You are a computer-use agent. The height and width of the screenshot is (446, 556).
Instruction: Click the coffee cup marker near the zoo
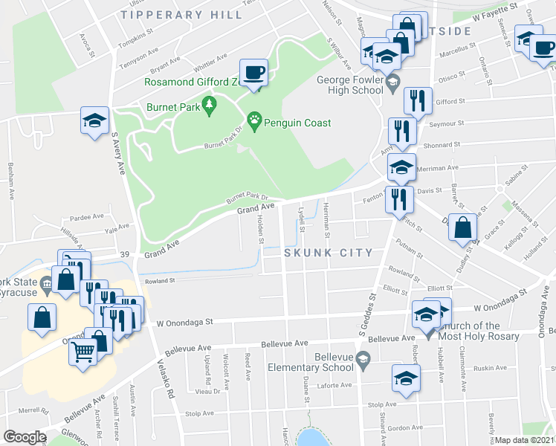(255, 72)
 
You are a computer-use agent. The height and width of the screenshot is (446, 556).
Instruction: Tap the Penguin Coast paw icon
(255, 123)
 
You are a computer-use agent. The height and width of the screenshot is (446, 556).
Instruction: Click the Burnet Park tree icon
(210, 106)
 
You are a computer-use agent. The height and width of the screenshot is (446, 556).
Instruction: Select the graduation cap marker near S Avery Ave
(95, 121)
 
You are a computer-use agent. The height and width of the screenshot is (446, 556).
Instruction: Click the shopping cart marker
(83, 352)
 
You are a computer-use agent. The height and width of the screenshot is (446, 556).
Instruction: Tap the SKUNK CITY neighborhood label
(328, 253)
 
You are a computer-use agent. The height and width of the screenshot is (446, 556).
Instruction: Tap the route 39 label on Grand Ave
(126, 255)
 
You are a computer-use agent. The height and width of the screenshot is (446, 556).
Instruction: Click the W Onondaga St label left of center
(184, 323)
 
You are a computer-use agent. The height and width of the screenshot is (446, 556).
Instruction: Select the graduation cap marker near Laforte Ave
(406, 378)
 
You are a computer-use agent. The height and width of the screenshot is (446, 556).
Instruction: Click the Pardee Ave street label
(87, 217)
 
